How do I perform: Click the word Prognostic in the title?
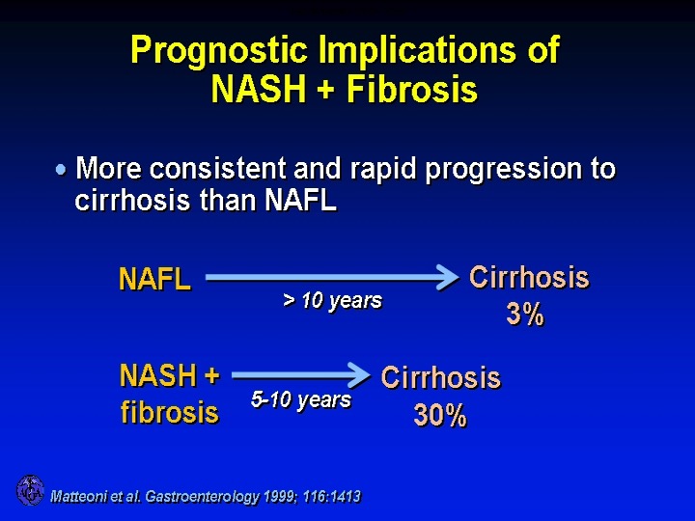[x=219, y=50]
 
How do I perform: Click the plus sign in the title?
[x=325, y=90]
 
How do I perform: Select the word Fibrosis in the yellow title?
[x=412, y=89]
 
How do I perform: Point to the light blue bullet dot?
[x=61, y=169]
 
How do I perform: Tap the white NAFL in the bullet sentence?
[x=300, y=201]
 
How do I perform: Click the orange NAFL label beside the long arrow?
[x=154, y=279]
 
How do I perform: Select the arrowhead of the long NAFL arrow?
[x=448, y=277]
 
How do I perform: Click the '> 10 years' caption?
[x=332, y=301]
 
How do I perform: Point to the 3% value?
[x=525, y=315]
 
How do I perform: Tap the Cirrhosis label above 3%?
[x=529, y=277]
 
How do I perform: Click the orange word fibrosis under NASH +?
[x=170, y=412]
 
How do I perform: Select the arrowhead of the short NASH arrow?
[x=359, y=375]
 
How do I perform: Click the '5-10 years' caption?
[x=301, y=399]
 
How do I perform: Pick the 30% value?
[x=440, y=416]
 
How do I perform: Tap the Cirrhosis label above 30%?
[x=440, y=377]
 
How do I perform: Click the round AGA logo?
[x=30, y=490]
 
